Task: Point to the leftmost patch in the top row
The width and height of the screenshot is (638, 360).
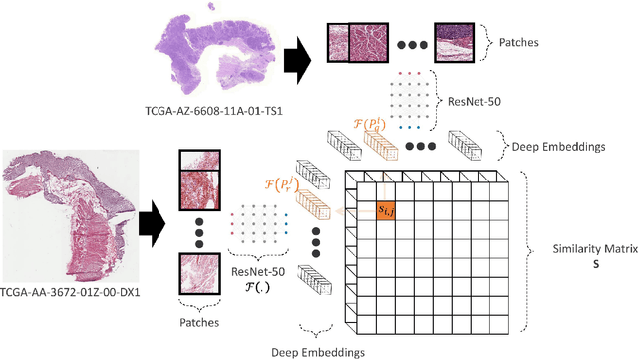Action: (346, 44)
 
